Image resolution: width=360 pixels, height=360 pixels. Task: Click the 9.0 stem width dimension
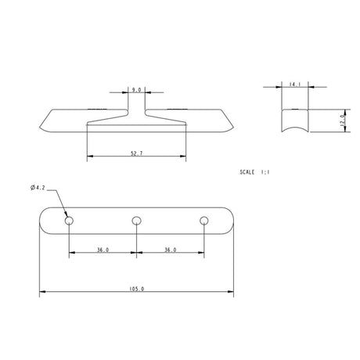(x=136, y=90)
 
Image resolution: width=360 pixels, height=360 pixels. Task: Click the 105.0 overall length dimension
(x=136, y=288)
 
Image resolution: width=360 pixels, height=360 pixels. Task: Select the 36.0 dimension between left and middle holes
(x=103, y=250)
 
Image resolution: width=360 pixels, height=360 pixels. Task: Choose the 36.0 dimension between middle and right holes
(x=170, y=250)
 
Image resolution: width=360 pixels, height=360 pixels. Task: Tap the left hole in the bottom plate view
(x=70, y=221)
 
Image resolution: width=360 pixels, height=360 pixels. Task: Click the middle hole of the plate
(x=137, y=221)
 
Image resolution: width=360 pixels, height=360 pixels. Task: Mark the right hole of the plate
(x=204, y=221)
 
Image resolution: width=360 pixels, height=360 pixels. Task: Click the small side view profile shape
(x=294, y=122)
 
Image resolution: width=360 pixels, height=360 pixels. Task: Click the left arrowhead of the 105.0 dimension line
(x=42, y=293)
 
